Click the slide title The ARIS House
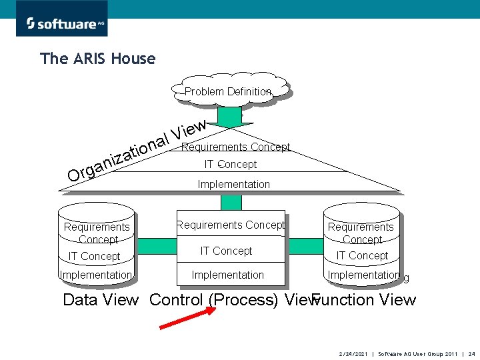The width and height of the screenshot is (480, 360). click(97, 59)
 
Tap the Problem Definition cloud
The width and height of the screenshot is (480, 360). click(229, 91)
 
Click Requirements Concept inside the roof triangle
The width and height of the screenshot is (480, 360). click(235, 147)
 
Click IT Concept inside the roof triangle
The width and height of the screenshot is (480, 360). click(230, 164)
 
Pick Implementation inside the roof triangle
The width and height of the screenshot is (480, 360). click(234, 184)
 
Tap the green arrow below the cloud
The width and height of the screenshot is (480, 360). click(230, 117)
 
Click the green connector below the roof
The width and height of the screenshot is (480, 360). click(231, 202)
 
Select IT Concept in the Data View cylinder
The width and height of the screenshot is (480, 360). click(95, 256)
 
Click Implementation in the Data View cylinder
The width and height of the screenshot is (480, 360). click(95, 275)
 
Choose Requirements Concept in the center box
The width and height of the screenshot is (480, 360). click(230, 225)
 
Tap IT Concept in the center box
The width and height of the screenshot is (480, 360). click(227, 251)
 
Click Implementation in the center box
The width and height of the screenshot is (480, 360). click(228, 275)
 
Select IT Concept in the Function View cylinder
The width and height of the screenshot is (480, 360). click(362, 255)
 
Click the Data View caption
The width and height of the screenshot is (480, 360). click(101, 300)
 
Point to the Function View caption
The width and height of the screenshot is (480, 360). click(365, 300)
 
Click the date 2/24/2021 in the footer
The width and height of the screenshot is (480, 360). click(353, 353)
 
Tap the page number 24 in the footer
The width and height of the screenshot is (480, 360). click(471, 353)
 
